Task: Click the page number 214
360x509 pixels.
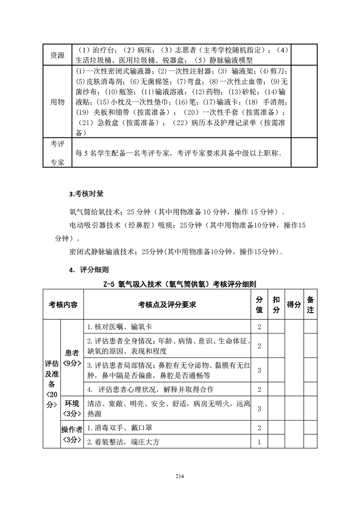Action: tap(180, 476)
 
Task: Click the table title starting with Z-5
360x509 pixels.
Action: tap(179, 284)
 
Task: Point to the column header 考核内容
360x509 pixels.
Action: tap(63, 304)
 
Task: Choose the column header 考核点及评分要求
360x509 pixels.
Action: tap(167, 304)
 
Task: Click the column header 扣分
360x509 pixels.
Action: tap(276, 304)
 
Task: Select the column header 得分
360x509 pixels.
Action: tap(294, 304)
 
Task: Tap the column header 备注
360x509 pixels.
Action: tap(311, 304)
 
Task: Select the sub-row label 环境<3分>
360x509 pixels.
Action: tap(72, 408)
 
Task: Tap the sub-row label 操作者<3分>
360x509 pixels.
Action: tap(72, 435)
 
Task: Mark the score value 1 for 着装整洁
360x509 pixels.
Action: tap(259, 441)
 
